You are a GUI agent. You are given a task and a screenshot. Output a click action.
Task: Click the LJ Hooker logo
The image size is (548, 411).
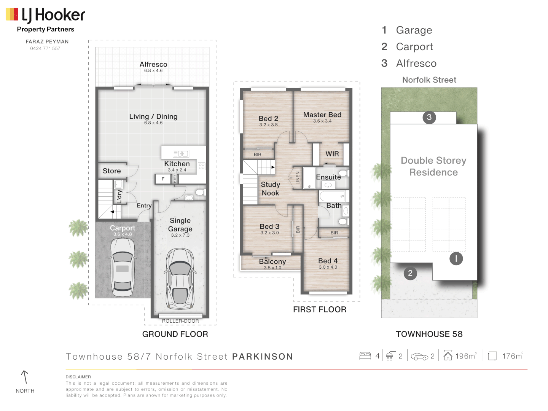45,16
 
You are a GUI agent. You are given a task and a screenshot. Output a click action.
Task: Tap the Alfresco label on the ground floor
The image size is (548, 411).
153,65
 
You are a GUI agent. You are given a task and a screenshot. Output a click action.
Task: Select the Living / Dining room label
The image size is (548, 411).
153,117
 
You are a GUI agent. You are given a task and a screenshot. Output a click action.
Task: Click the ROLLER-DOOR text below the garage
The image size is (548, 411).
180,321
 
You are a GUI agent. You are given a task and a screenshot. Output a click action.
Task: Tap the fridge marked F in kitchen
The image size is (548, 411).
163,179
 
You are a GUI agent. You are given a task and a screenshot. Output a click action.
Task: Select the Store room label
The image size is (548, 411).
112,171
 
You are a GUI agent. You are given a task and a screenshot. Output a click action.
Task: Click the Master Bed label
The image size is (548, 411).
322,115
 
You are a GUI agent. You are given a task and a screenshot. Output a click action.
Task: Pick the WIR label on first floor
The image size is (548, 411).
332,154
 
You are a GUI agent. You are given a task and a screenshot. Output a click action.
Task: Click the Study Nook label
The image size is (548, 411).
270,189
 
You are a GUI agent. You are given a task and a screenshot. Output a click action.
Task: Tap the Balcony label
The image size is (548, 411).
272,262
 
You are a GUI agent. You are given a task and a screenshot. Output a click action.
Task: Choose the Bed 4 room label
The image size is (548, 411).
328,261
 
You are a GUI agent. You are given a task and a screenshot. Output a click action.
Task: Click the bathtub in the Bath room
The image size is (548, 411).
332,196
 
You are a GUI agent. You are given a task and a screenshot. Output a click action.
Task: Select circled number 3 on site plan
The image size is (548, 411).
429,117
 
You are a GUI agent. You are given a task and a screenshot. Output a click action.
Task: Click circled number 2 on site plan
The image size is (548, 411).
410,273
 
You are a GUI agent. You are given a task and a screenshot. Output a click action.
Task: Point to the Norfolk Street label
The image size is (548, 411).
429,80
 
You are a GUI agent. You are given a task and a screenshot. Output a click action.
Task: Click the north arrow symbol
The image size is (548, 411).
25,377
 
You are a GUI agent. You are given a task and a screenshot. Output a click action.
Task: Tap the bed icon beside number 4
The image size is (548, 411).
365,356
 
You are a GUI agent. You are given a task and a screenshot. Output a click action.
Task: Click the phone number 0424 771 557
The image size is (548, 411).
45,49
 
